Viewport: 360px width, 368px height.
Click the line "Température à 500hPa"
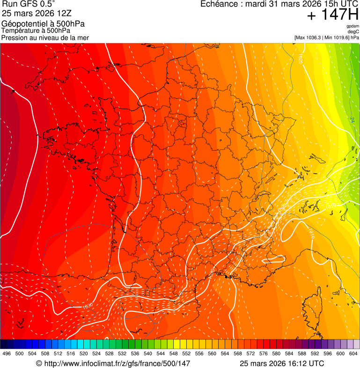(x=36, y=31)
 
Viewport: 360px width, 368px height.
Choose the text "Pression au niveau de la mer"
(x=45, y=37)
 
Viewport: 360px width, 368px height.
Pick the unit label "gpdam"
(x=353, y=26)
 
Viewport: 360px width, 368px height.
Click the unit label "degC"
(x=354, y=32)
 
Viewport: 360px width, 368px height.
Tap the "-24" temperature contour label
(x=352, y=120)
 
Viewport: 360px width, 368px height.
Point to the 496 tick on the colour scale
(x=7, y=353)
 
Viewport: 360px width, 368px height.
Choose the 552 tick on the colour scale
(x=186, y=353)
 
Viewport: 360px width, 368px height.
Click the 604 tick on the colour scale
(x=353, y=353)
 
